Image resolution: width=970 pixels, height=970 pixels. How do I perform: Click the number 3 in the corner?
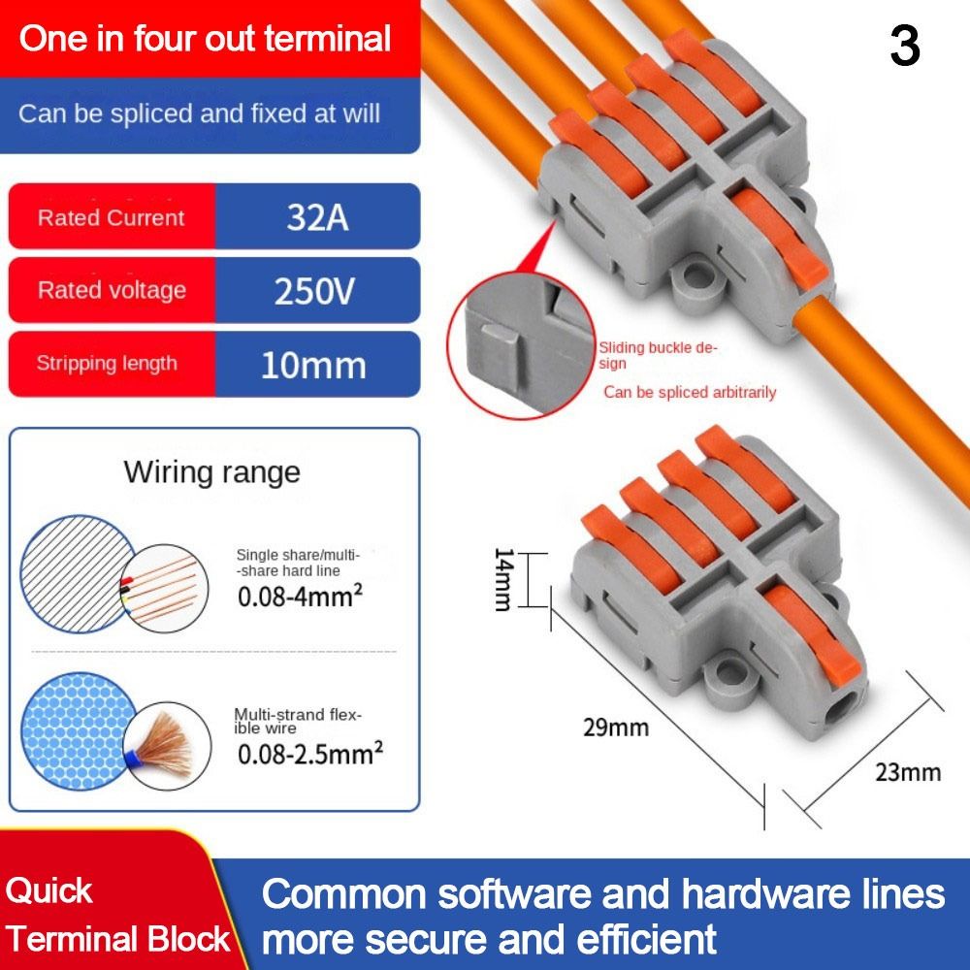904,46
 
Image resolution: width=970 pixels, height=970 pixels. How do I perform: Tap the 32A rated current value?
317,216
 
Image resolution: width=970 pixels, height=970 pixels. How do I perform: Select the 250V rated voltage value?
315,290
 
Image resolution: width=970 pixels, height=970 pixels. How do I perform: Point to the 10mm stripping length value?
313,365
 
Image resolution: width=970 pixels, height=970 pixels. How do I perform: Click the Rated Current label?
111,217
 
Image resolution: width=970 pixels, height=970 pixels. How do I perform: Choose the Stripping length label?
107,364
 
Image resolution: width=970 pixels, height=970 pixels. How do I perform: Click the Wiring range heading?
211,472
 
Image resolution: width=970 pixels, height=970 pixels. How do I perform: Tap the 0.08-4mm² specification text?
300,595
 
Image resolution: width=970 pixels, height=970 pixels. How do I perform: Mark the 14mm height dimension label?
502,579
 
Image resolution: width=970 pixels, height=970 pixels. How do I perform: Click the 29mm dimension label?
616,727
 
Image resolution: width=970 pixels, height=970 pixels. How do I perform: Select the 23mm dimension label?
908,772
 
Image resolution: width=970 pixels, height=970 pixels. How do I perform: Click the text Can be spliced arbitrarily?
690,392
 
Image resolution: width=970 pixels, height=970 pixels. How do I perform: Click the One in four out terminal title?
205,39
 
